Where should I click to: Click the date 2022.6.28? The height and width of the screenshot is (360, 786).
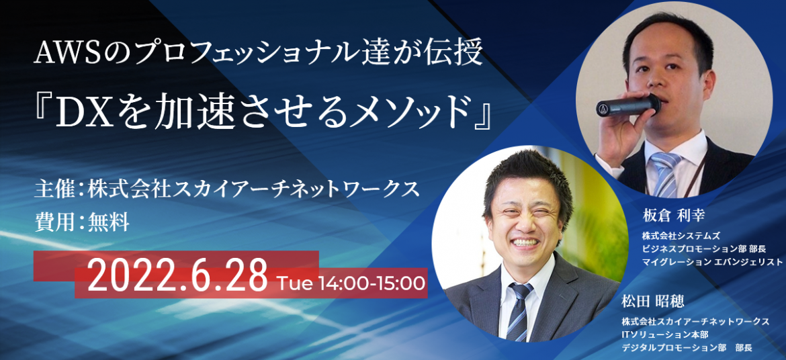[177, 276]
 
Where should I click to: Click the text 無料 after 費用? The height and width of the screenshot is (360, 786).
[108, 221]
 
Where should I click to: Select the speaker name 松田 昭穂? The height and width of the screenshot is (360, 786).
[653, 302]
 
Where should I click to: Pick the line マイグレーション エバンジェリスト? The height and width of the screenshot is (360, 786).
[712, 262]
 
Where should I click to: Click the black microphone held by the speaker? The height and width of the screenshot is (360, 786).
[628, 105]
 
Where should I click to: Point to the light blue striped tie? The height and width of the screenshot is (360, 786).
[664, 174]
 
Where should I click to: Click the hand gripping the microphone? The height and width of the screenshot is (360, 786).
[621, 126]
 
